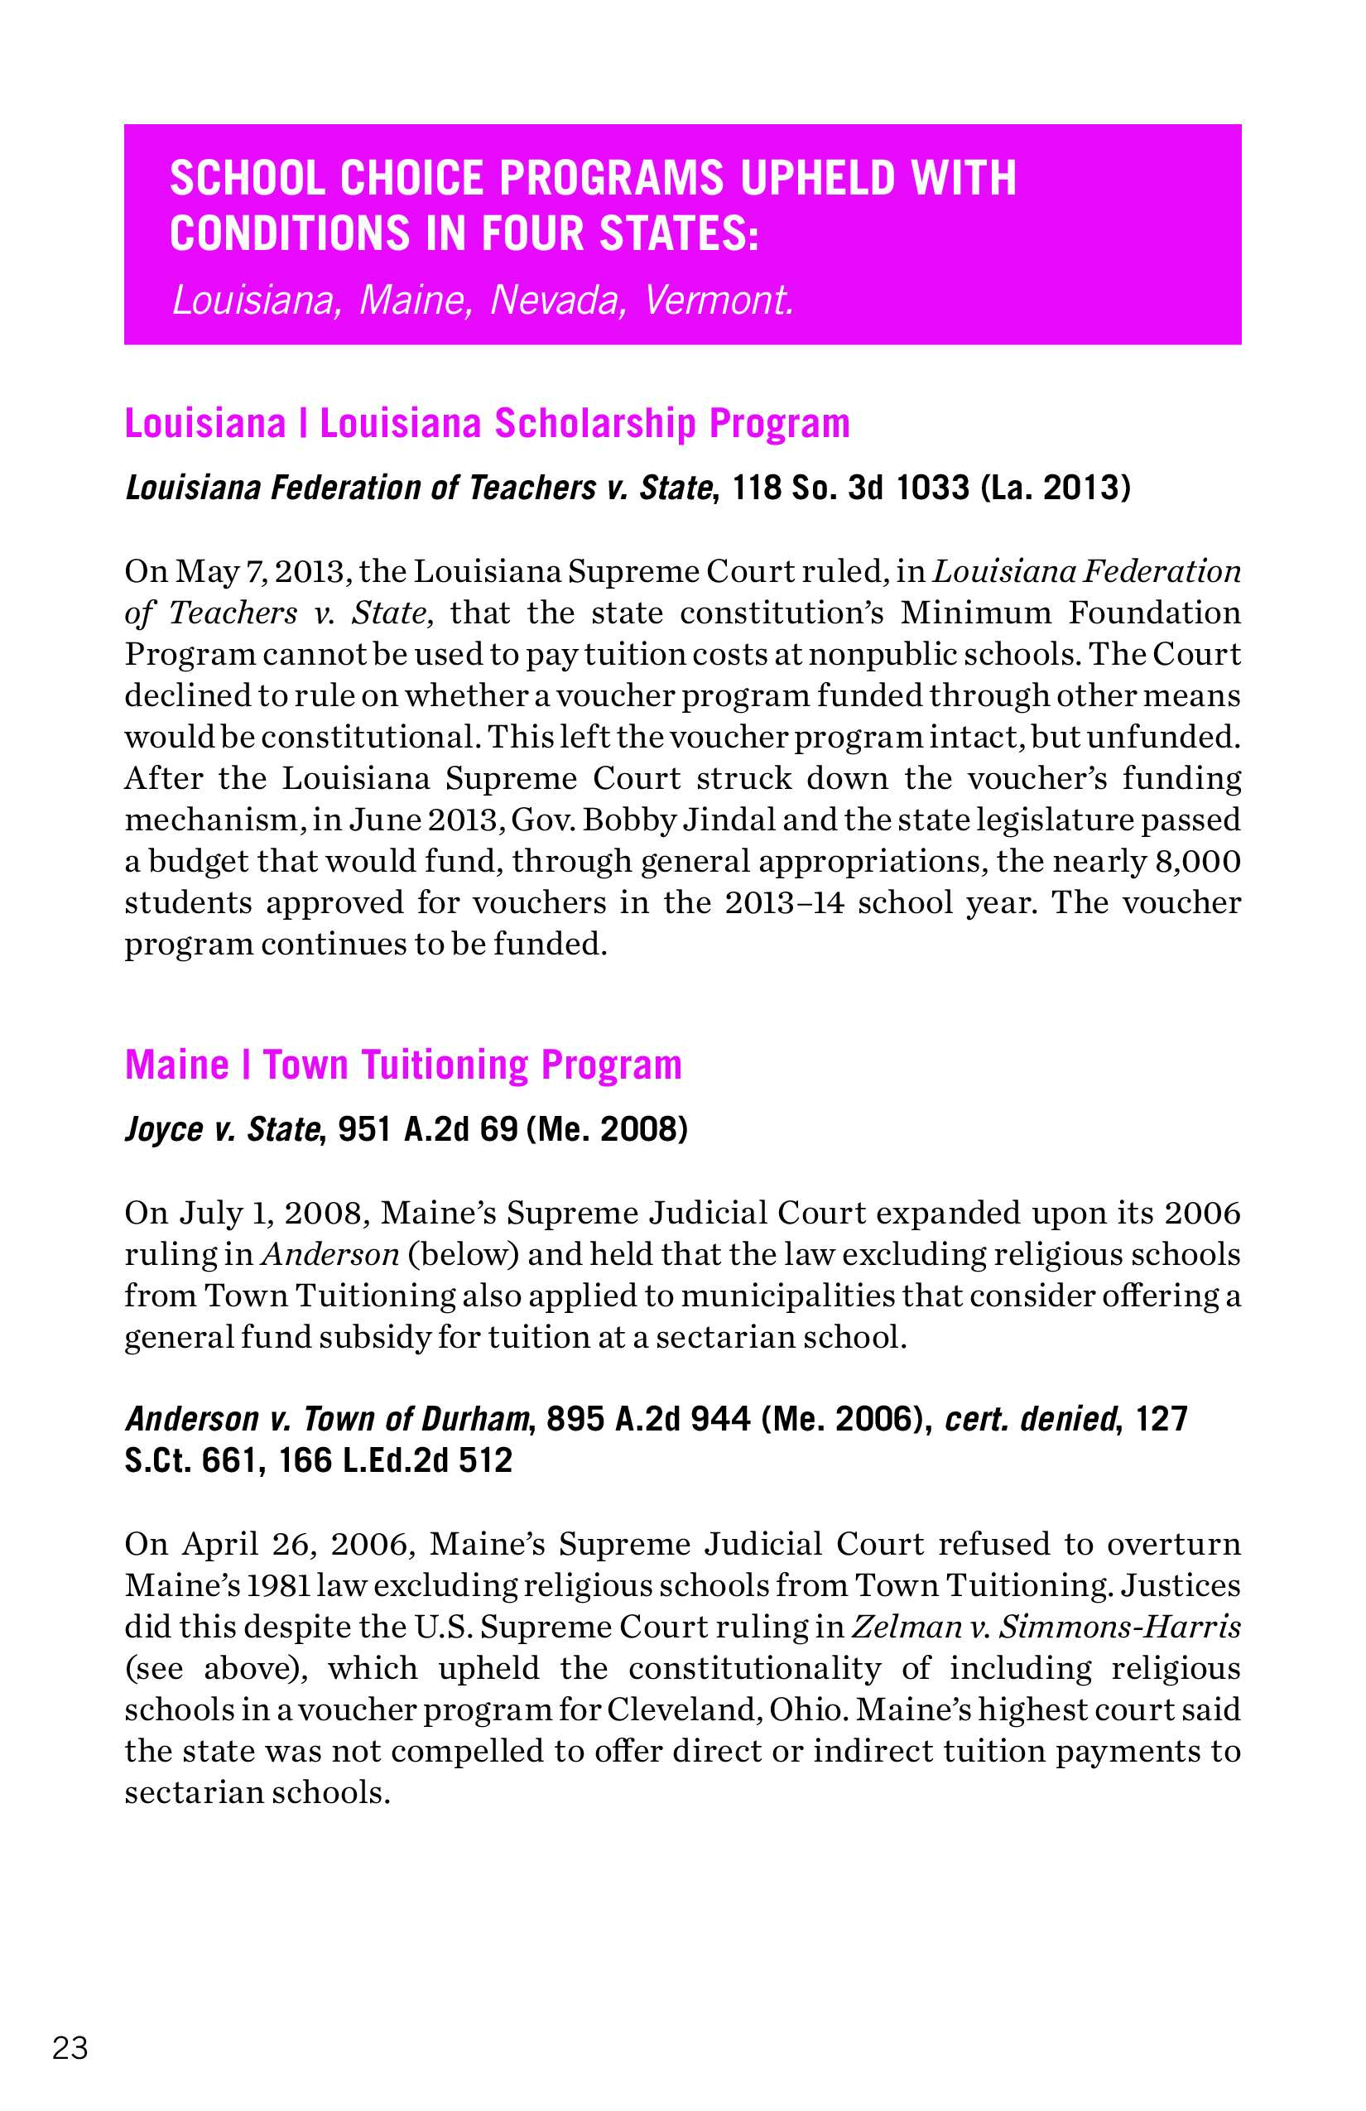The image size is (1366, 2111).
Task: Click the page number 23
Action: tap(71, 2048)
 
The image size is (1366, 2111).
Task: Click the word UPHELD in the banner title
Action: tap(818, 178)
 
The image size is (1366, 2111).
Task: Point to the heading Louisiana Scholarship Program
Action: tap(584, 424)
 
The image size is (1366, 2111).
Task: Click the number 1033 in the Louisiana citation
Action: tap(932, 488)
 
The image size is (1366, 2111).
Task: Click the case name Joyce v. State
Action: tap(222, 1129)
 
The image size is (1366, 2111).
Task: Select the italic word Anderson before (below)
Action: tap(330, 1254)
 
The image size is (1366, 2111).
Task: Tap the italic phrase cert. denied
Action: tap(1030, 1419)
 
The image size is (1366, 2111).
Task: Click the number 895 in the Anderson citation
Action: tap(575, 1419)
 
